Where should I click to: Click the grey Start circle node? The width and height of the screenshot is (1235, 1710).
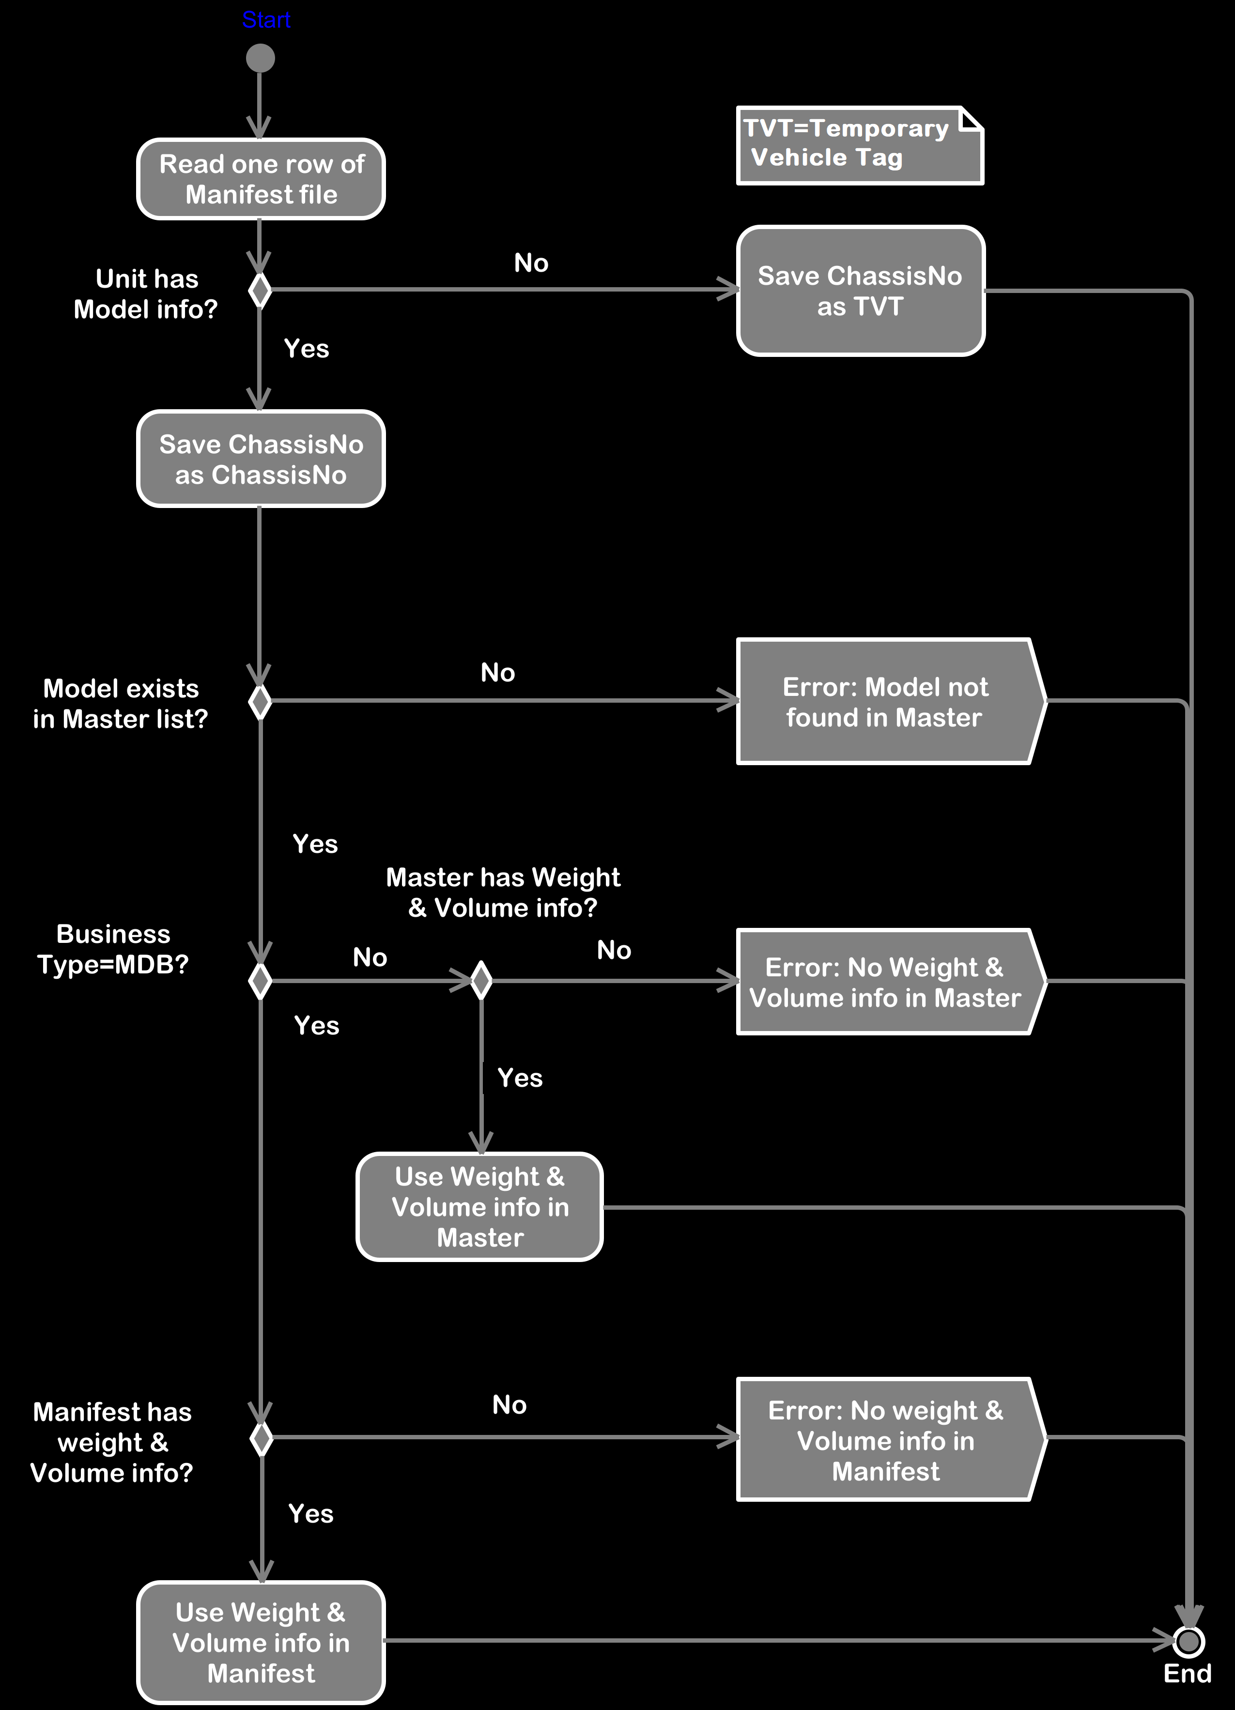(260, 58)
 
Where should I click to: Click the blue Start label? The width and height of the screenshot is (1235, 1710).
(266, 19)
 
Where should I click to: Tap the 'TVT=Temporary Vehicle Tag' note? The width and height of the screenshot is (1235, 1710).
(860, 145)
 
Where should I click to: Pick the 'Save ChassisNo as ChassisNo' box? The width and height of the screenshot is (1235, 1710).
(261, 459)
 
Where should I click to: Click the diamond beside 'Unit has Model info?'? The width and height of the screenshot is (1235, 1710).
(260, 290)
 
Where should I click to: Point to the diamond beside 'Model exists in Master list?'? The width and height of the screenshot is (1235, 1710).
(260, 702)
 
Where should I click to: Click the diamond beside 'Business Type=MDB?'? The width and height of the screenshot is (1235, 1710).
(260, 981)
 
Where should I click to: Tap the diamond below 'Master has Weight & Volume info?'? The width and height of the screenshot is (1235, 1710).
(481, 981)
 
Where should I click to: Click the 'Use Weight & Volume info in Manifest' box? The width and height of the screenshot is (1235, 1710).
(261, 1643)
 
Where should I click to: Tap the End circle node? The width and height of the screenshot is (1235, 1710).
(1188, 1641)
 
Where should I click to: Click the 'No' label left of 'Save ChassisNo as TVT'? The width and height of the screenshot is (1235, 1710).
(531, 263)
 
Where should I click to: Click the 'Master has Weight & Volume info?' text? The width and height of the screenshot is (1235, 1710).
(503, 893)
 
